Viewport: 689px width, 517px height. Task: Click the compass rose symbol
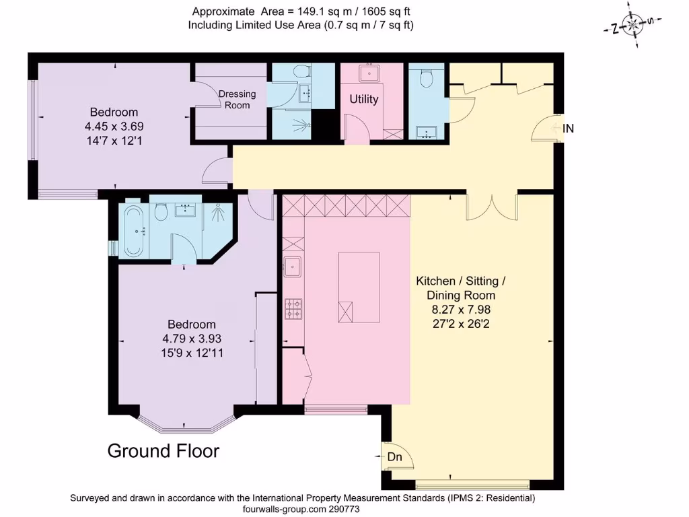(x=632, y=26)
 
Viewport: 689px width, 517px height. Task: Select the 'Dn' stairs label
(x=394, y=456)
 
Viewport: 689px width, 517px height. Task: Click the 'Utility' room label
(x=363, y=99)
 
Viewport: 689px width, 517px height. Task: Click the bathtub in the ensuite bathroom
(x=133, y=231)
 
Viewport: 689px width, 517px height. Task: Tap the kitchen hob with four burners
(x=293, y=309)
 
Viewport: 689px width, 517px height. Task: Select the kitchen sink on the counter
(x=293, y=267)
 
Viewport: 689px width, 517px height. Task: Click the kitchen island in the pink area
(x=359, y=287)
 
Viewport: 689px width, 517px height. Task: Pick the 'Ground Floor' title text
(x=164, y=450)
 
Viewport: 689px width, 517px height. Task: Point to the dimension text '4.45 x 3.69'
(x=114, y=126)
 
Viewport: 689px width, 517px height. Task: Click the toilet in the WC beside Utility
(x=425, y=79)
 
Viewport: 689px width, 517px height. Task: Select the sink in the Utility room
(x=369, y=72)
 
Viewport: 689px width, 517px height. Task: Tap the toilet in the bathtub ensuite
(x=160, y=213)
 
